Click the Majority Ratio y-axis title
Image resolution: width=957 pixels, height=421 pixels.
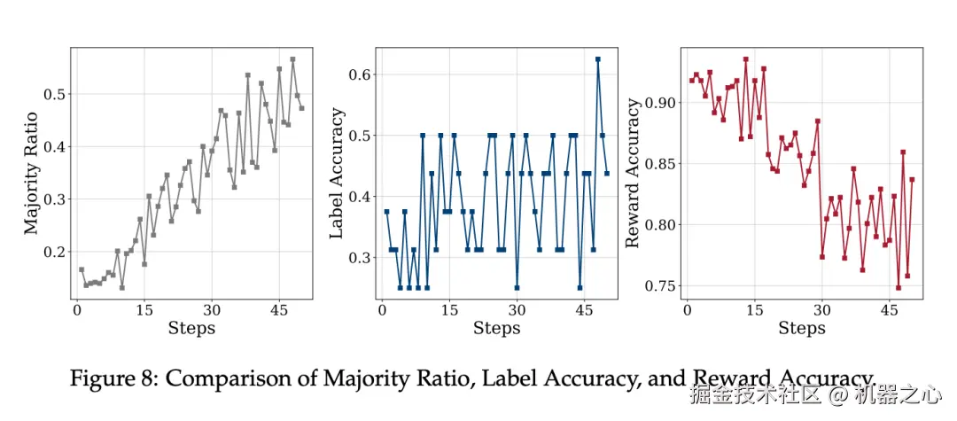click(32, 173)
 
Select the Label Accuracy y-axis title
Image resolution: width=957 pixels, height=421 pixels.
click(337, 173)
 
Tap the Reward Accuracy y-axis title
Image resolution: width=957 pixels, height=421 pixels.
click(633, 173)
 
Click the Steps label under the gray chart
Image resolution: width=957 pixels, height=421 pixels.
click(191, 328)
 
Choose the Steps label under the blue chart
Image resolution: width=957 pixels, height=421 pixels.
click(496, 328)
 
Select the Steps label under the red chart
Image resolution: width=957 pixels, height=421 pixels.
click(802, 328)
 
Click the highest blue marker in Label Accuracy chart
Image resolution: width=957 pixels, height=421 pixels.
click(598, 59)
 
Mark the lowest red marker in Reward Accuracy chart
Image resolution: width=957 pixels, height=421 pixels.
click(899, 287)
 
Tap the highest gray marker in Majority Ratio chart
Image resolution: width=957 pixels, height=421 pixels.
click(292, 59)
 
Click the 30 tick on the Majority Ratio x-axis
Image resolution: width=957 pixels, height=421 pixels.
click(212, 311)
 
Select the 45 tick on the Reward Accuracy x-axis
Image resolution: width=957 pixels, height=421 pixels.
click(889, 311)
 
